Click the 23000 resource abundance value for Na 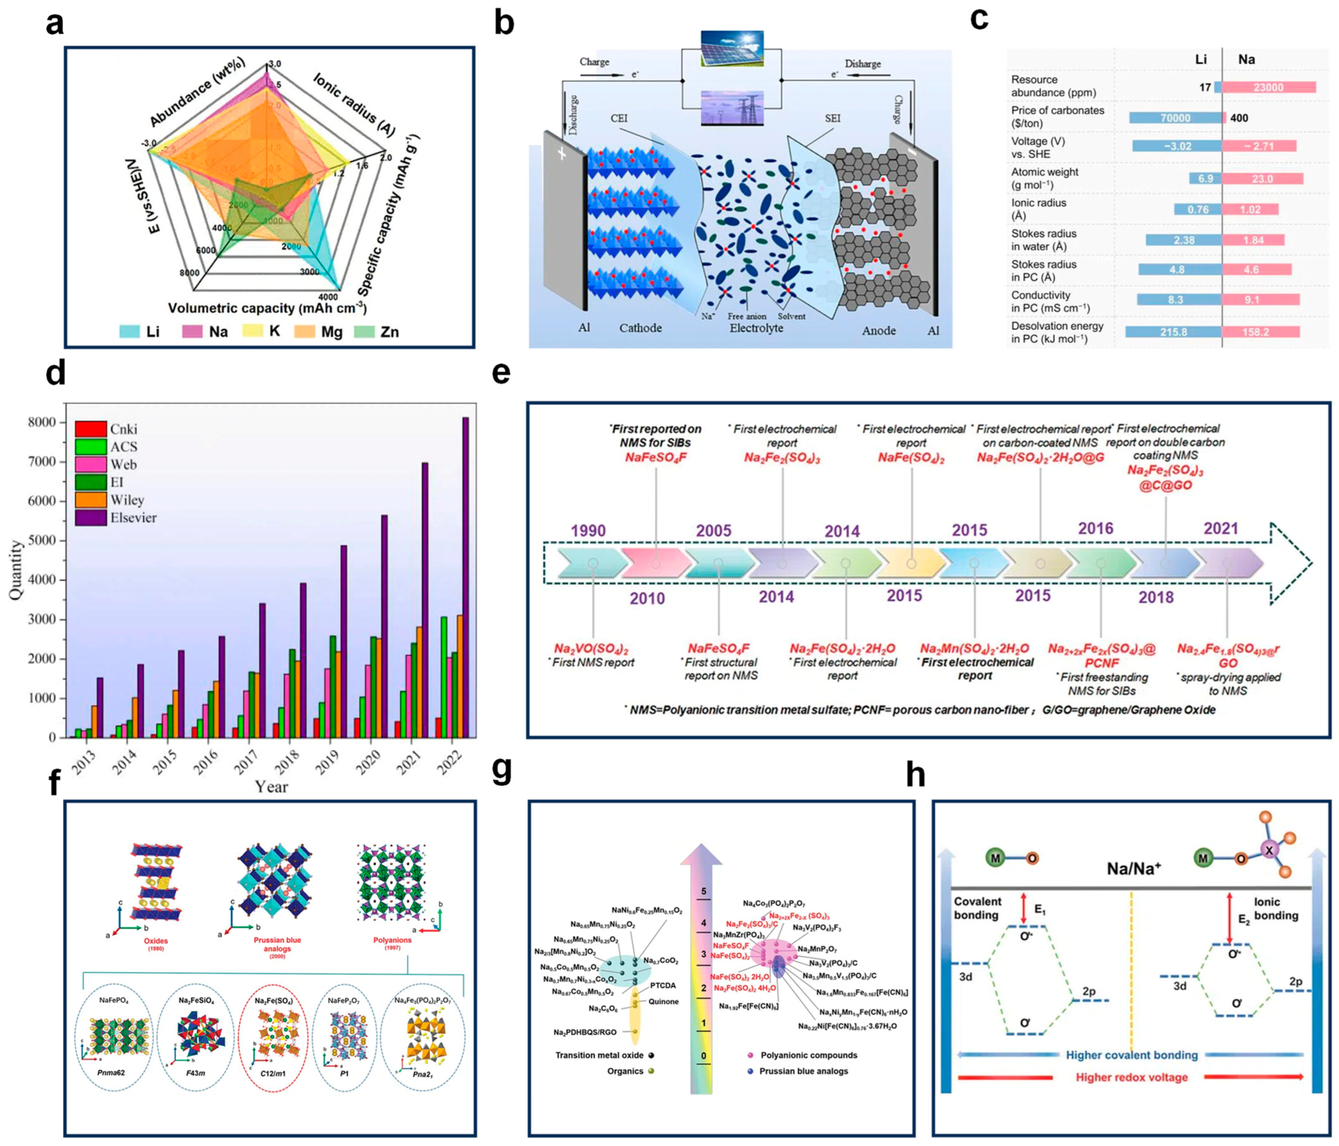pyautogui.click(x=1268, y=87)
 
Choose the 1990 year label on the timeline pyautogui.click(x=588, y=531)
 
